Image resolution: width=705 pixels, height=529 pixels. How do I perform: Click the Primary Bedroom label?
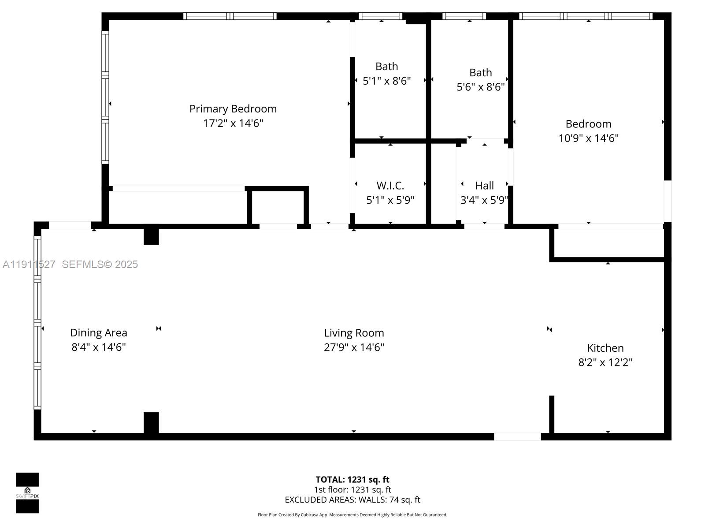pos(233,108)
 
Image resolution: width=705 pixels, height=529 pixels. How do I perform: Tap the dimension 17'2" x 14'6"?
pos(233,123)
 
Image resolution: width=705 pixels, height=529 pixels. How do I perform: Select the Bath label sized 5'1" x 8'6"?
pos(386,67)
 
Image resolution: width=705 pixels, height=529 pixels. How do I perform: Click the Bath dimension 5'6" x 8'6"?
pos(480,87)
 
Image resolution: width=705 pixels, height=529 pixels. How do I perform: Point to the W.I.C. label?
pos(390,186)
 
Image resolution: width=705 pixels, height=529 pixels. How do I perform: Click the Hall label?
pos(484,186)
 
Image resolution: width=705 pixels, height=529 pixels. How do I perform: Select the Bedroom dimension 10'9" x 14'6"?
pos(588,138)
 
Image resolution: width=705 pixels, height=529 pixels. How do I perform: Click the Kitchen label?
pos(605,348)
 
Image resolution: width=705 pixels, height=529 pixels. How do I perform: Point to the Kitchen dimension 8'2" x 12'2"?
pos(605,362)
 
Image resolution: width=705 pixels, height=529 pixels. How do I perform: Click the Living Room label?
pos(354,333)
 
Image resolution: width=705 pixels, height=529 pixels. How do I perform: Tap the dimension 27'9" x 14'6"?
pos(354,347)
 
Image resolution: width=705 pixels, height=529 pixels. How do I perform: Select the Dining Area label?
pos(98,333)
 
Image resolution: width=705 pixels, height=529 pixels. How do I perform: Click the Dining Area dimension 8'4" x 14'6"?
pos(98,347)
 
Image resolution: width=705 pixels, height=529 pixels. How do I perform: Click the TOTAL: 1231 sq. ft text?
pos(352,480)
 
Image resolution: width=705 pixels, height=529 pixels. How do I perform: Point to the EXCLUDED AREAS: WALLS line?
pos(352,500)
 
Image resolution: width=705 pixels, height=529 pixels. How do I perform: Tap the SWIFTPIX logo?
pos(27,493)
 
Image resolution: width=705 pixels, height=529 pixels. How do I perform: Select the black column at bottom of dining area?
pos(151,423)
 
